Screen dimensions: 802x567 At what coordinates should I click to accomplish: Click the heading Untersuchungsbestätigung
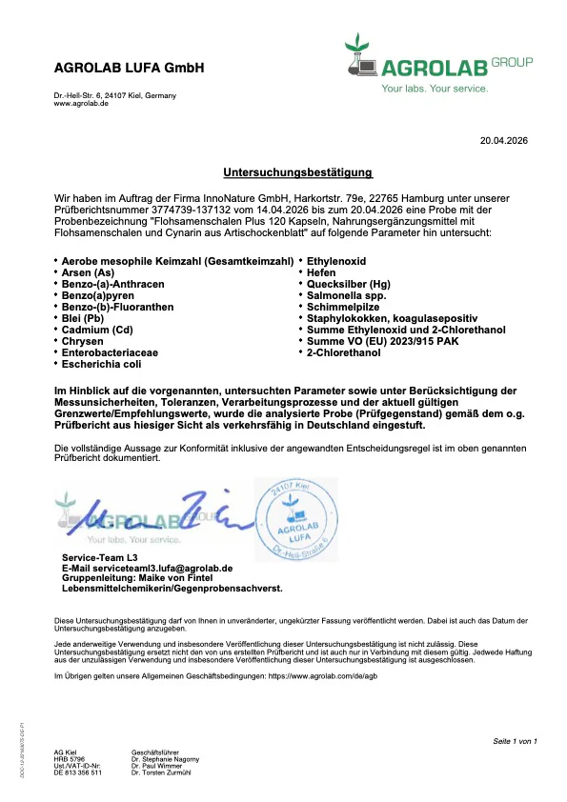pyautogui.click(x=297, y=172)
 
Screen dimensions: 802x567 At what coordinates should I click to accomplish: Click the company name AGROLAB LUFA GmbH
pyautogui.click(x=129, y=69)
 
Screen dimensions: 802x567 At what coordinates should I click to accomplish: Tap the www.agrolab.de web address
pyautogui.click(x=81, y=103)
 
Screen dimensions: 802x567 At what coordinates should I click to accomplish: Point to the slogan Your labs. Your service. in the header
pyautogui.click(x=434, y=89)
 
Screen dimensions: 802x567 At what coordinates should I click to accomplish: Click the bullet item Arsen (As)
pyautogui.click(x=89, y=272)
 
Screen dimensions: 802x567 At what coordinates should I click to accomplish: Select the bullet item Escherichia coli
pyautogui.click(x=103, y=364)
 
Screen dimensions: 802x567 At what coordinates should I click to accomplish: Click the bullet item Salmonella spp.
pyautogui.click(x=346, y=295)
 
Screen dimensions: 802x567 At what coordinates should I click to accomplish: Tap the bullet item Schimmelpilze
pyautogui.click(x=341, y=307)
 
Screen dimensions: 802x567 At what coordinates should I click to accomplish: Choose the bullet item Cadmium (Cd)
pyautogui.click(x=97, y=330)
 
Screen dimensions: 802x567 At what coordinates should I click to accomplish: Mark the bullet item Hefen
pyautogui.click(x=324, y=272)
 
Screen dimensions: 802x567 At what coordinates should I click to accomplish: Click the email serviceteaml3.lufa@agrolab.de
pyautogui.click(x=148, y=568)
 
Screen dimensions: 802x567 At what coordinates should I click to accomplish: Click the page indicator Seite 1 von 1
pyautogui.click(x=515, y=740)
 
